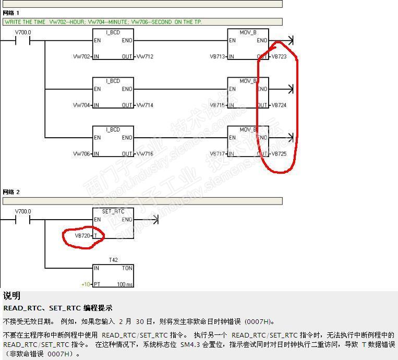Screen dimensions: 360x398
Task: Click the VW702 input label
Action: click(81, 56)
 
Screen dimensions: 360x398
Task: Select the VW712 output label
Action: click(145, 56)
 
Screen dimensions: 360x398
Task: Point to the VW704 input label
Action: click(81, 105)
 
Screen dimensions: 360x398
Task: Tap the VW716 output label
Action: click(145, 154)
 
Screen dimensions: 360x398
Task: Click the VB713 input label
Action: click(216, 56)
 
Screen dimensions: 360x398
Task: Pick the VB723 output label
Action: click(279, 56)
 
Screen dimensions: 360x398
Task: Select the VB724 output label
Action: click(279, 105)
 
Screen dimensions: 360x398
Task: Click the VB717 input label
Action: click(216, 154)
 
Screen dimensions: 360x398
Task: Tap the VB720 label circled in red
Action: click(82, 236)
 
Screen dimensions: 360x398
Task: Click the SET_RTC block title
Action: click(113, 211)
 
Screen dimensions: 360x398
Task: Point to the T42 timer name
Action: click(113, 260)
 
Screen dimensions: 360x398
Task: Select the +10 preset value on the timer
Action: click(86, 284)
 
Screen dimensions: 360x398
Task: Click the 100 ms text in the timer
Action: click(125, 284)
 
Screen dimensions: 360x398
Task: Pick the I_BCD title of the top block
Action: click(113, 32)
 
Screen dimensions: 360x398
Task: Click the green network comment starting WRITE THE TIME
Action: click(103, 22)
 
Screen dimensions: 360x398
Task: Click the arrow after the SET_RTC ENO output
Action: click(153, 220)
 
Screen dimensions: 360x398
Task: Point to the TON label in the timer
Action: click(127, 268)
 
